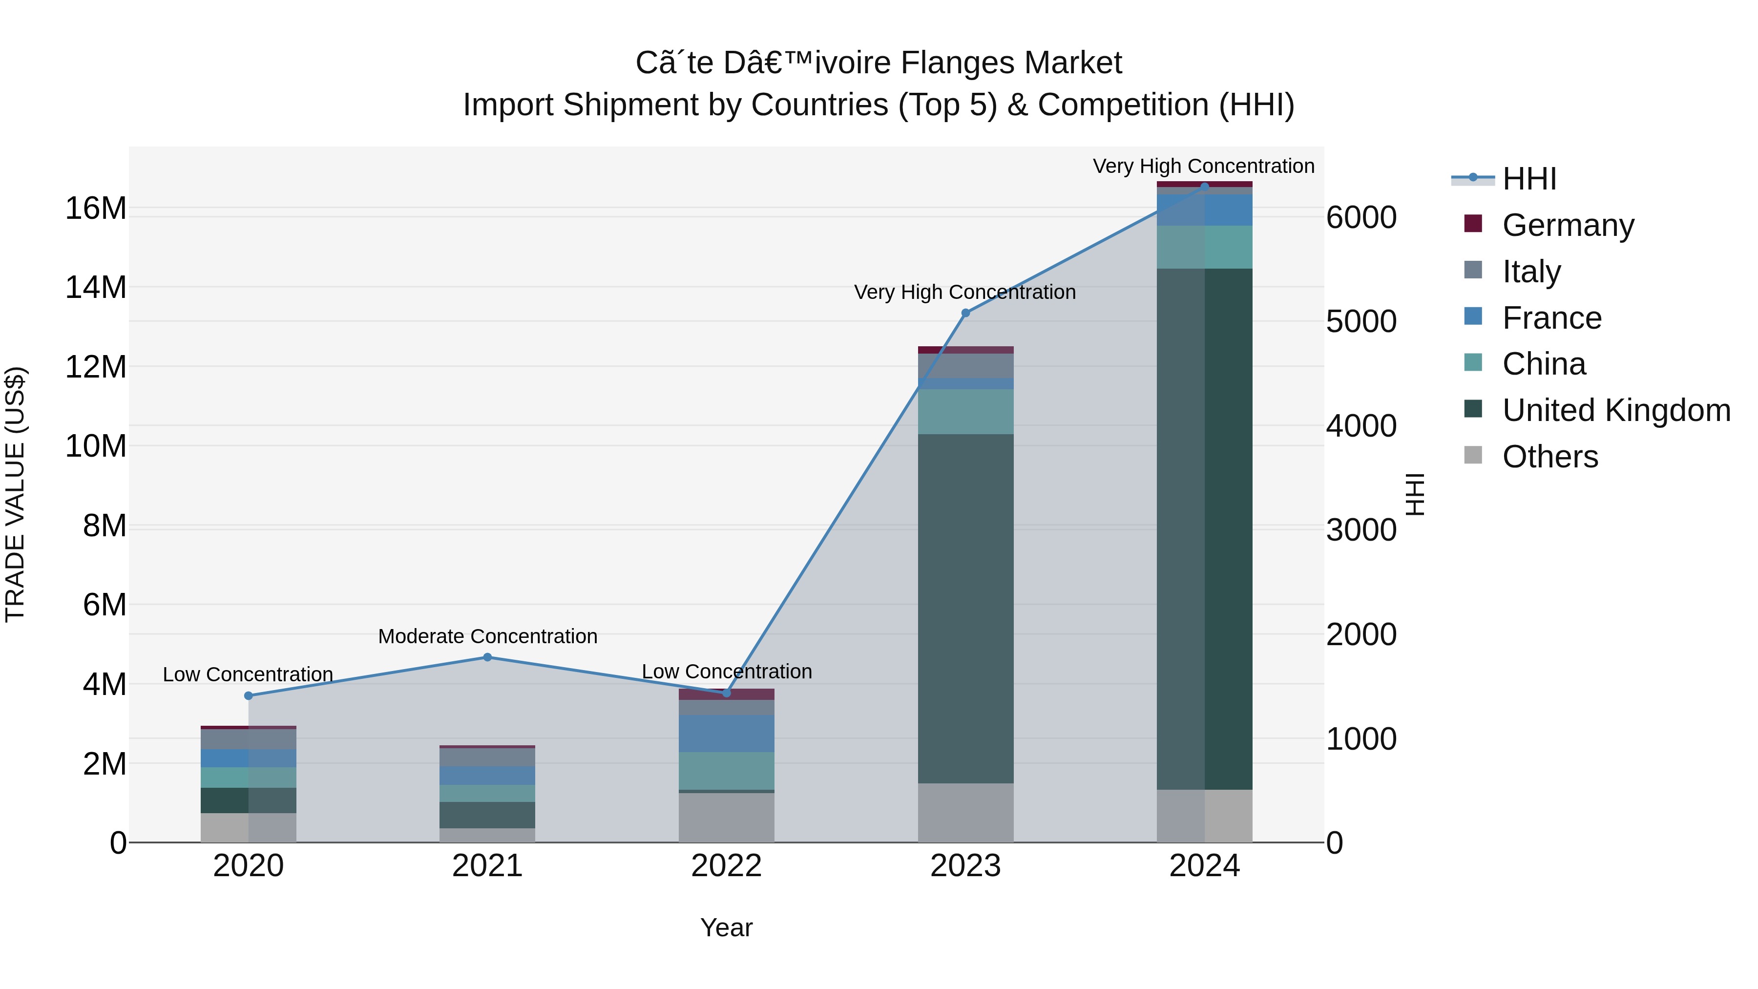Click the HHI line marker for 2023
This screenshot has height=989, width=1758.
pos(965,313)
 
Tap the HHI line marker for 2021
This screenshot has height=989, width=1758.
pos(487,657)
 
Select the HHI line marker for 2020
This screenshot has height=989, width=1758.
pos(249,695)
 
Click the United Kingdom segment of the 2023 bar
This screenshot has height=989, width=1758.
pos(965,608)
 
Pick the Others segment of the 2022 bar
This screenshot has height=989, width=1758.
pos(726,817)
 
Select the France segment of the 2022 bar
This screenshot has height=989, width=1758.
pos(726,733)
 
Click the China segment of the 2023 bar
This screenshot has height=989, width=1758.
pos(965,412)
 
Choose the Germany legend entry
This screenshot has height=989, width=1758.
pos(1568,225)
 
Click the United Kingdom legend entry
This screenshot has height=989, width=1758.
pos(1615,410)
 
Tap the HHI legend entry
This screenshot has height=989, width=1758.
pos(1528,179)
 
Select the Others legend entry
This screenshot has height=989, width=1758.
pos(1549,457)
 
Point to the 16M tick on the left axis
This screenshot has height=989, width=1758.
pos(96,208)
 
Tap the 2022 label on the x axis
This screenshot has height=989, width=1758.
pos(726,866)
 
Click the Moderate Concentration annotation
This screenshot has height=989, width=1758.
pos(487,636)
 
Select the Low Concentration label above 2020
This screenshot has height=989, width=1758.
pos(248,674)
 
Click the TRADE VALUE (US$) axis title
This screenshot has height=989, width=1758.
pos(15,494)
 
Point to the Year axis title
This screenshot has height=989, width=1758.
pos(726,927)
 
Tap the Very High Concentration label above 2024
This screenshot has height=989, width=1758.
pos(1203,166)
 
